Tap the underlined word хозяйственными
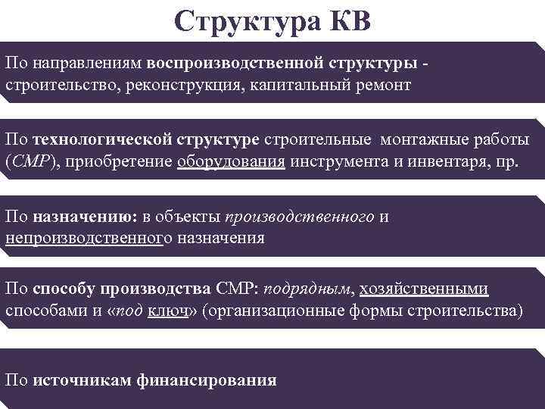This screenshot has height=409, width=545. (x=424, y=289)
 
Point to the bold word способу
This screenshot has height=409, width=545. (x=68, y=289)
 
